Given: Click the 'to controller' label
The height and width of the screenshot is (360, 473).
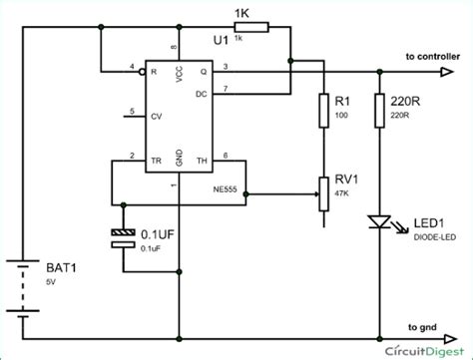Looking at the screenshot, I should [x=432, y=57].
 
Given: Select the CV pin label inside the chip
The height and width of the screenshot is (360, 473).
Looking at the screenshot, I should [x=154, y=116].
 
